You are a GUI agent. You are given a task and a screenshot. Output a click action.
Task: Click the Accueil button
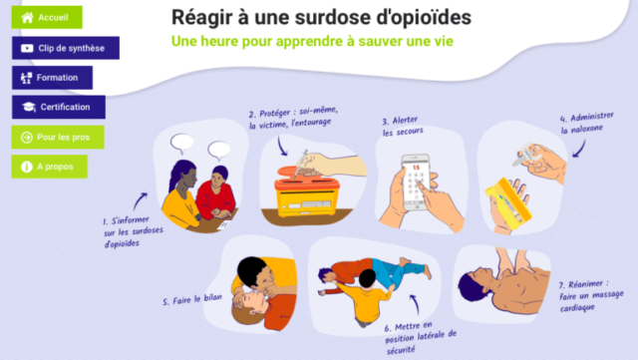tap(47, 17)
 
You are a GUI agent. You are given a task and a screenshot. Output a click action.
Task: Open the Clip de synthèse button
tap(66, 48)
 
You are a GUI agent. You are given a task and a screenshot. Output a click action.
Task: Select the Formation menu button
tap(52, 78)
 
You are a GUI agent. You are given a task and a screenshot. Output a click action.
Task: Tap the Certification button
tap(59, 107)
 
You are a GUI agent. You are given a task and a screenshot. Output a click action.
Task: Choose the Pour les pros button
tap(58, 137)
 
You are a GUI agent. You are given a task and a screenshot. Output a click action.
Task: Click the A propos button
tap(49, 167)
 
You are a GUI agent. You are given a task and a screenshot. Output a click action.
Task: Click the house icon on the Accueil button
tap(27, 17)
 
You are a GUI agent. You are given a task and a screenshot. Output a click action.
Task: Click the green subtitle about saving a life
tap(312, 41)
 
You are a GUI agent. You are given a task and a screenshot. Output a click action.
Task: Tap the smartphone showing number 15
tap(416, 182)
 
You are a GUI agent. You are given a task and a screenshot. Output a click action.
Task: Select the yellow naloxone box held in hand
tap(507, 201)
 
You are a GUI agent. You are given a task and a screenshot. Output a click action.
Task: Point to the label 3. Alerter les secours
tap(403, 127)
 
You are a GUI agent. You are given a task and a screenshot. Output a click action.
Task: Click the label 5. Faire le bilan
tap(192, 299)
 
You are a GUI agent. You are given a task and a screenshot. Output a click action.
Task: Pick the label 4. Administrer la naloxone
tap(587, 123)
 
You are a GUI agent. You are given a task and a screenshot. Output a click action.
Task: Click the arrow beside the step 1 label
tap(140, 201)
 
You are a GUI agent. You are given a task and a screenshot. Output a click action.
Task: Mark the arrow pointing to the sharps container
tap(282, 146)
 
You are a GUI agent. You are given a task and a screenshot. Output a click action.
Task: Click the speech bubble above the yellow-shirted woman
tap(181, 144)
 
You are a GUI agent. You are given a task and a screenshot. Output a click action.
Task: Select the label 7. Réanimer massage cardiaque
tap(591, 295)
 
